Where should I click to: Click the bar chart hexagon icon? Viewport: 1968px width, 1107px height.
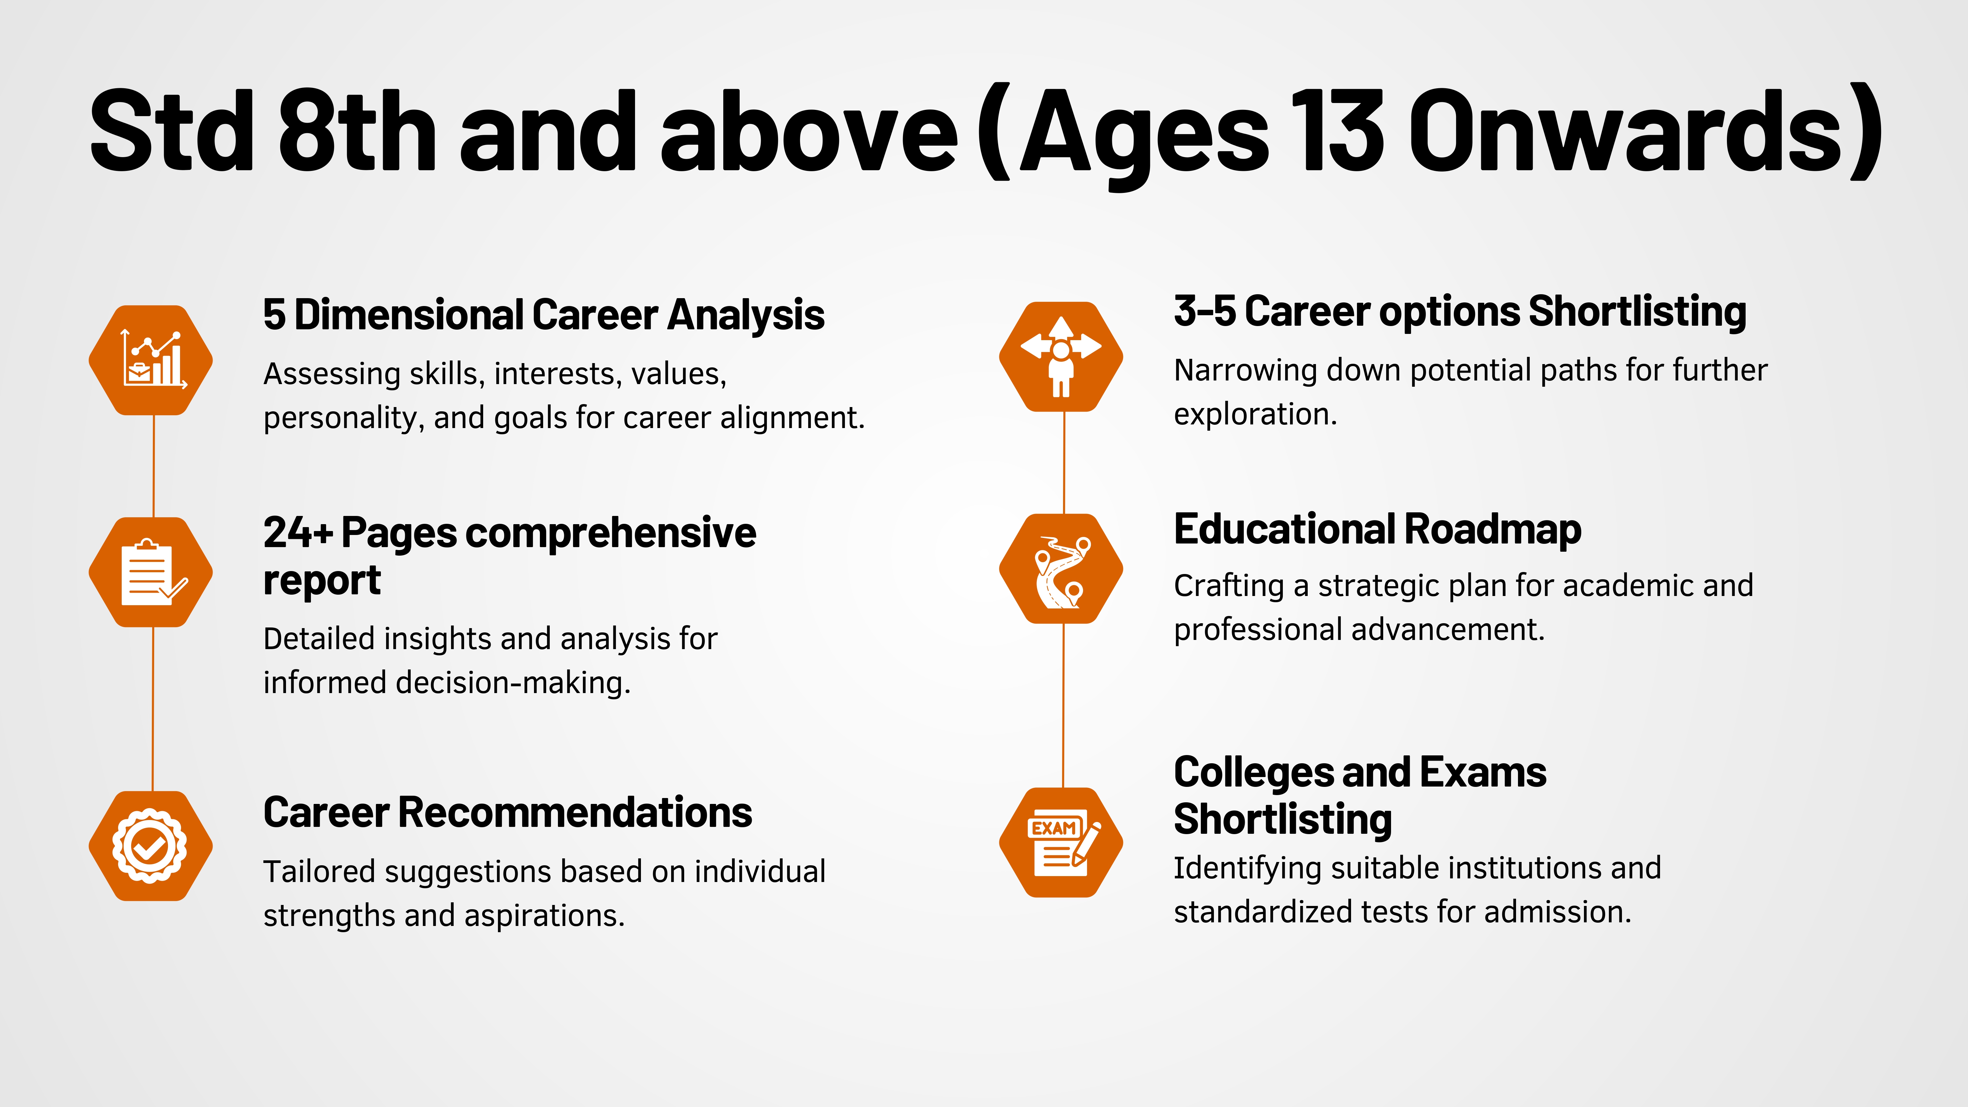151,360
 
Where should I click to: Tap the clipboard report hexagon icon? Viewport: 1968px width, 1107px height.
151,572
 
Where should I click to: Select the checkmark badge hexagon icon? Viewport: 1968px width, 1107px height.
151,846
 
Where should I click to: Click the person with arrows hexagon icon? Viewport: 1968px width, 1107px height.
1061,357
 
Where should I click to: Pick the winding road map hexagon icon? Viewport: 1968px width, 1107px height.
1061,568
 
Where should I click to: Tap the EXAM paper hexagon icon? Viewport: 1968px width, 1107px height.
1061,842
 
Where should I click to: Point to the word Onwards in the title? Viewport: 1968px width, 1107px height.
1627,130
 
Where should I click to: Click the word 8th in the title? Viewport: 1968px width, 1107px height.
358,130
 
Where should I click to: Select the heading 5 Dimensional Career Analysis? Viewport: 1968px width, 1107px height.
543,315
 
